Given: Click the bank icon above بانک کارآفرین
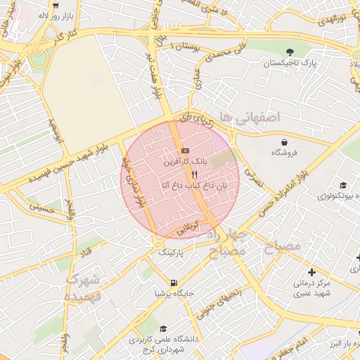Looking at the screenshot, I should point(185,150).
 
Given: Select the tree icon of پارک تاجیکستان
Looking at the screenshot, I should point(290,51).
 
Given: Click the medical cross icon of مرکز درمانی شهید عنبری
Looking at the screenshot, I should point(311,271).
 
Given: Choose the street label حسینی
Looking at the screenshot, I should point(41,208).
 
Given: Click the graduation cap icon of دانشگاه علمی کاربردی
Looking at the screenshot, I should point(163,328).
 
